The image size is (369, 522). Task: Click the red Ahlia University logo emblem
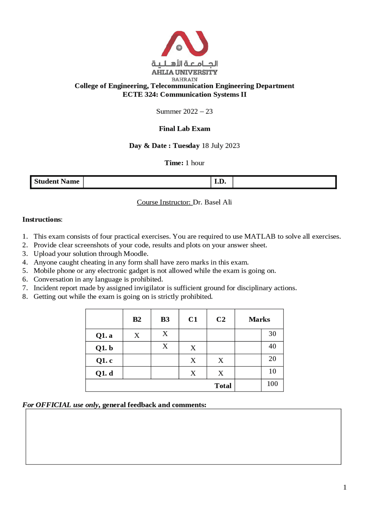pos(184,44)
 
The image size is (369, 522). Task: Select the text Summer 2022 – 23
pos(184,112)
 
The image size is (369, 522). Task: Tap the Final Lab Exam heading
pos(184,129)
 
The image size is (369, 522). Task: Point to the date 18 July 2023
pos(221,146)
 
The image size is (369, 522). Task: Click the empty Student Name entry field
pos(147,182)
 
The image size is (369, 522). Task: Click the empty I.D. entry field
pos(284,182)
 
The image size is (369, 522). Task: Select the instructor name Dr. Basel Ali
pos(212,202)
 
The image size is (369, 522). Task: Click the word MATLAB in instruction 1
pos(260,237)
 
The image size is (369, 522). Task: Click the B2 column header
pos(137,319)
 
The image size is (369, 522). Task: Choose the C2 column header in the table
pos(221,319)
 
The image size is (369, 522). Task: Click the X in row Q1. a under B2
pos(137,336)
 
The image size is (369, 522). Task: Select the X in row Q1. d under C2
pos(221,373)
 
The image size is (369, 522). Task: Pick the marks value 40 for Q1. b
pos(272,346)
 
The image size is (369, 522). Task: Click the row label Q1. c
pos(104,361)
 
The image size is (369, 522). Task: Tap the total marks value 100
pos(272,384)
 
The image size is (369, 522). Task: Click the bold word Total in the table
pos(223,386)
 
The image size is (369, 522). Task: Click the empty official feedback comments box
pos(183,436)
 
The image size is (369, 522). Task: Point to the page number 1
pos(345,487)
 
